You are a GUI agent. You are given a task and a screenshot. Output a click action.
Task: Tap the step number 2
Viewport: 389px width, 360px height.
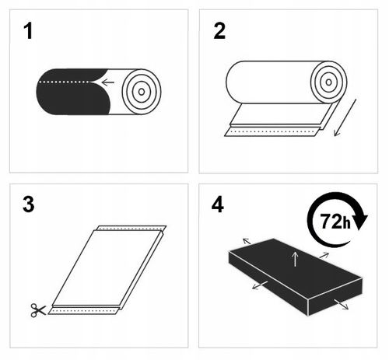click(219, 33)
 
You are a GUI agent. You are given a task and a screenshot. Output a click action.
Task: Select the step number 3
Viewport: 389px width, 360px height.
click(29, 207)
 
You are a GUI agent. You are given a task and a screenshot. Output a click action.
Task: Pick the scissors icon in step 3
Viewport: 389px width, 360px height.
click(37, 310)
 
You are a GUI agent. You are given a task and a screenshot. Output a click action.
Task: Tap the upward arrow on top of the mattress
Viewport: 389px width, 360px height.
click(295, 259)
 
